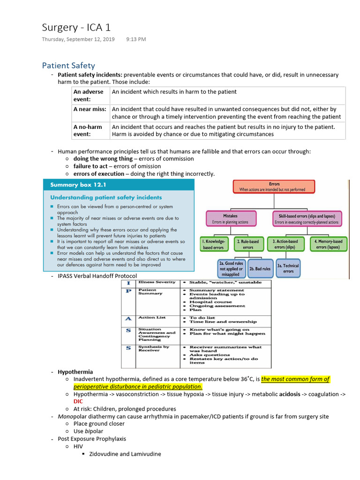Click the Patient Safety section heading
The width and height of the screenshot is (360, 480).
[68, 66]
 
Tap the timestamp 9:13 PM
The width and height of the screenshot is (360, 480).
[136, 39]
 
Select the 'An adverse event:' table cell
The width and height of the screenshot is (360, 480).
[89, 95]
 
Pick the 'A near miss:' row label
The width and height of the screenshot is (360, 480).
[90, 109]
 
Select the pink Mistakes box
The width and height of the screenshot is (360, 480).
[230, 219]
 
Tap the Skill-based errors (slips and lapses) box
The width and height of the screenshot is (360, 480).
[307, 219]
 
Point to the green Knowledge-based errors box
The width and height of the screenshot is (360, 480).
[213, 244]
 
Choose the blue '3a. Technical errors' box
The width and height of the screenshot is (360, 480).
[288, 268]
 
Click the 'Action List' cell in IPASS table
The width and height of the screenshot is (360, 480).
[152, 318]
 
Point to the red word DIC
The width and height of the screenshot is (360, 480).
[78, 402]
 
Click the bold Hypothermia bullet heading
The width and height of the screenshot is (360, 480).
[75, 372]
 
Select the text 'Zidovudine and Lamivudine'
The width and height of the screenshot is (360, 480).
[125, 454]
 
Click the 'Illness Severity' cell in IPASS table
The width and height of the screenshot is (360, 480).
[157, 282]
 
